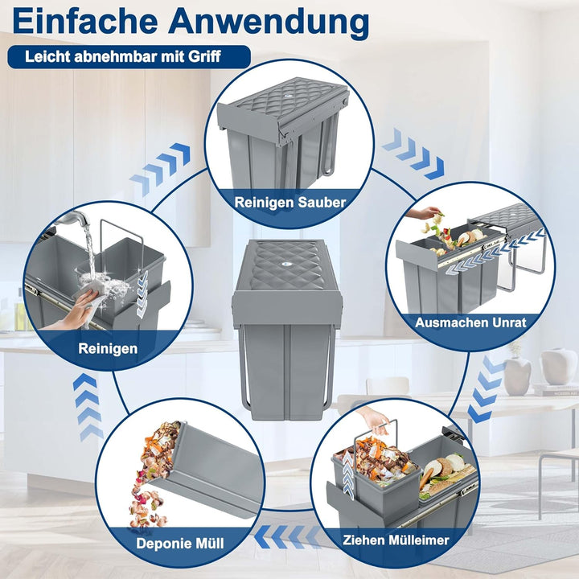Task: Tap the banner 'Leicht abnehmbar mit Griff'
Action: (x=125, y=57)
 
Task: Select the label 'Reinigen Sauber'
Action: (x=290, y=202)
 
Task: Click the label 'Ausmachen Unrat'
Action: (x=470, y=322)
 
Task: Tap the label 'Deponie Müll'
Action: (x=180, y=544)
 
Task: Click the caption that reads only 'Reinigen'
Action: (x=108, y=349)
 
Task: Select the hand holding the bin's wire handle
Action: (x=374, y=418)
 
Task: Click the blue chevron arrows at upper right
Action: (x=413, y=153)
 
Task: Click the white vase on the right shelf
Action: (x=558, y=366)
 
